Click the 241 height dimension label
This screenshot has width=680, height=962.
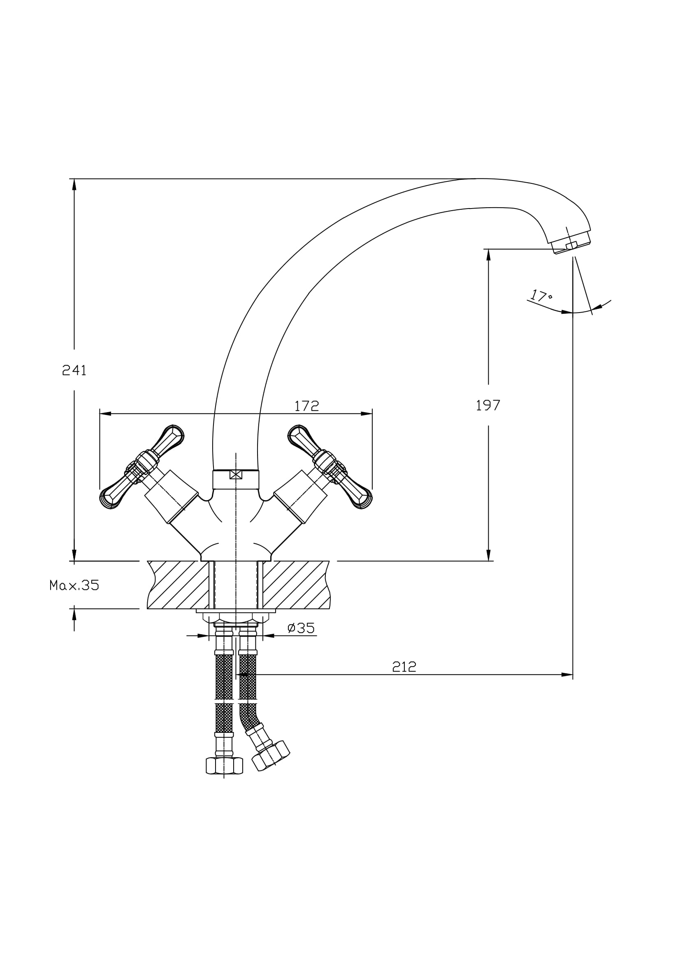(x=74, y=371)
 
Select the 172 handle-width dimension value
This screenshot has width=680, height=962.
(x=307, y=406)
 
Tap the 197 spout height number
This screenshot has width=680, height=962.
(x=488, y=405)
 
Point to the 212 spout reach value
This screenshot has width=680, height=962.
(x=404, y=667)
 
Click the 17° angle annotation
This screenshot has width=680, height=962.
(x=541, y=296)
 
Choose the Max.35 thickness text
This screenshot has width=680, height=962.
(x=74, y=585)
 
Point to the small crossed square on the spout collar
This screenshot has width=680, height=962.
(x=236, y=474)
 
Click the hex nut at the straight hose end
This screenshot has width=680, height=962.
(x=224, y=766)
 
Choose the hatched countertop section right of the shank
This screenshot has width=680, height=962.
(x=295, y=585)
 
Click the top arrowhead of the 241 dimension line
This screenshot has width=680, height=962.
(x=74, y=184)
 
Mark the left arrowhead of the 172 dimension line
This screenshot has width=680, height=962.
(x=105, y=413)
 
